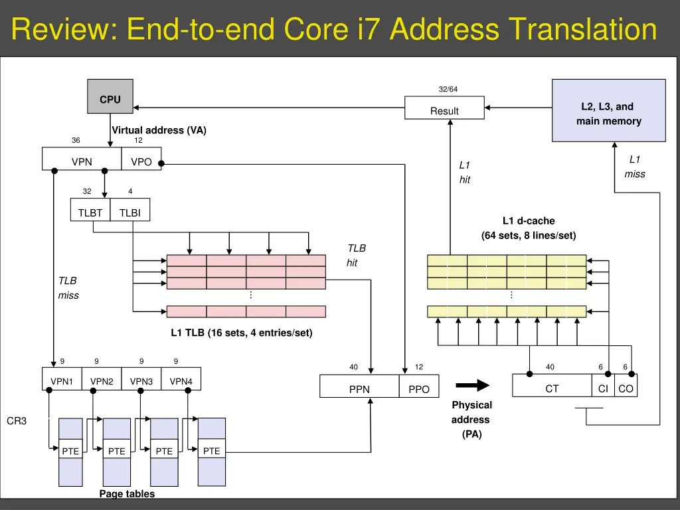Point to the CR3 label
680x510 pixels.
tap(17, 421)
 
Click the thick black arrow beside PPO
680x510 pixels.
tap(472, 386)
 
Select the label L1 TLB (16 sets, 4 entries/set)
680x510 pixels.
tap(241, 333)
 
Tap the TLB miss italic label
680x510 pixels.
tap(68, 288)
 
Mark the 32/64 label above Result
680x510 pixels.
tap(448, 89)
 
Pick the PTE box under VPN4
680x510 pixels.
tap(211, 451)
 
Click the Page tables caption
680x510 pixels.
tap(127, 493)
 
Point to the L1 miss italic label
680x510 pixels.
tap(634, 167)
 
